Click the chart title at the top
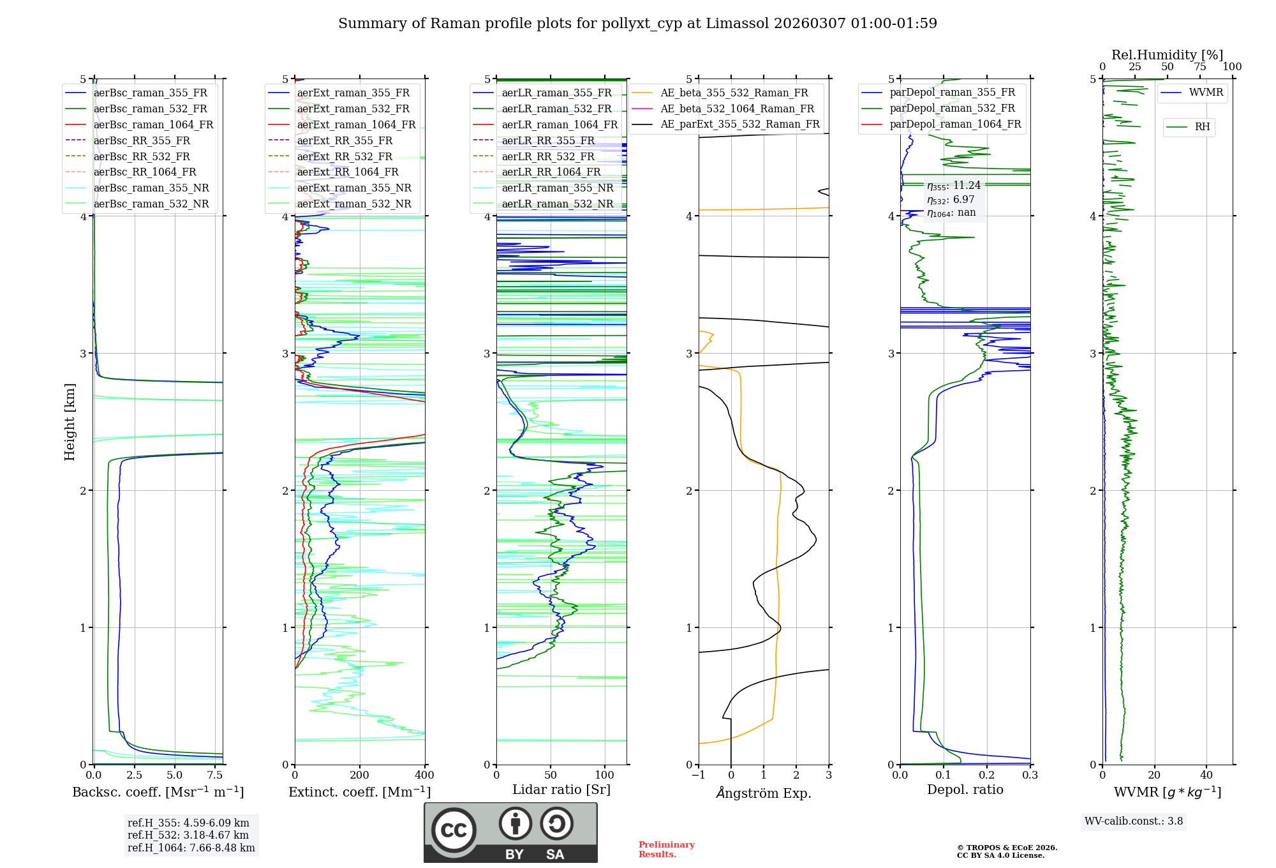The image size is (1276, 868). click(637, 24)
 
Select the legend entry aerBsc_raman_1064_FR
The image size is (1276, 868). click(153, 124)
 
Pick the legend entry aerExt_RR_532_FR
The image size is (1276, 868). click(348, 156)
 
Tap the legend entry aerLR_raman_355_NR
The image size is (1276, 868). click(557, 188)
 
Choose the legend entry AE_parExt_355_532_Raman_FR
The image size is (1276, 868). click(739, 124)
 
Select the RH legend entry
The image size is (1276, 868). click(1202, 127)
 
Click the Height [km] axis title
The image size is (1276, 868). click(70, 422)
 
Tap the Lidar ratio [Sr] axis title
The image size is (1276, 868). click(561, 789)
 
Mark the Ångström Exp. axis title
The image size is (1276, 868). click(764, 793)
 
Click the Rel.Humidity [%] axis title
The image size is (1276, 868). click(1167, 55)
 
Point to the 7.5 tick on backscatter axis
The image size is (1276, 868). click(215, 775)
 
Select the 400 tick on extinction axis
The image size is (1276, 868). click(425, 775)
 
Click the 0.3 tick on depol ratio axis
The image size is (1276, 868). click(1030, 775)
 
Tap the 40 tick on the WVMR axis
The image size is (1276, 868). click(1206, 775)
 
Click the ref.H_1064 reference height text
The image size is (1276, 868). click(191, 848)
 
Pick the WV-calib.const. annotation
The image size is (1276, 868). click(1134, 821)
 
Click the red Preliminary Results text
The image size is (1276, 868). click(666, 849)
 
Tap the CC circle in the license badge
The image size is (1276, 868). click(454, 830)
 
